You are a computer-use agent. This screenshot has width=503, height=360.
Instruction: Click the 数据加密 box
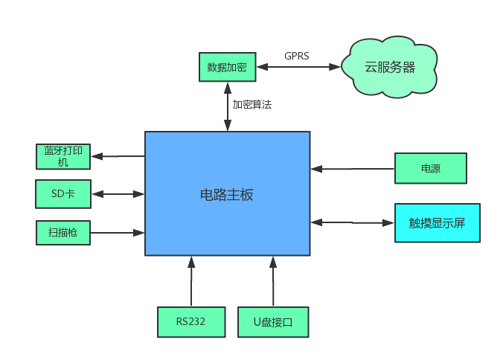(227, 66)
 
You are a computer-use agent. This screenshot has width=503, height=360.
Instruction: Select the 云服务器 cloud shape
(389, 67)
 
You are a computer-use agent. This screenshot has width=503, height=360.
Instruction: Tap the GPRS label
(296, 56)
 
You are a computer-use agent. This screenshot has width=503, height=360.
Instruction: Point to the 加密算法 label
(252, 105)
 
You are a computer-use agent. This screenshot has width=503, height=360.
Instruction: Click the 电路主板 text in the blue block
(227, 195)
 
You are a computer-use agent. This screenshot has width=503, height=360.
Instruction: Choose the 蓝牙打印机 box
(63, 156)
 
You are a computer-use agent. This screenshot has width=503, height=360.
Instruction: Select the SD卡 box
(63, 194)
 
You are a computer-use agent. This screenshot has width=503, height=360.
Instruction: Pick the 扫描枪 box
(63, 232)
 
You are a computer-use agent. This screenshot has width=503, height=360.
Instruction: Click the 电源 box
(430, 168)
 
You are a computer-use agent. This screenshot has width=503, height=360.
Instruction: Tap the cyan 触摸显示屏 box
(437, 222)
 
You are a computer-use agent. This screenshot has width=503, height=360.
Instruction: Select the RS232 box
(191, 322)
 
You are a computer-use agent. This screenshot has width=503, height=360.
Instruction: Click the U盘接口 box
(273, 322)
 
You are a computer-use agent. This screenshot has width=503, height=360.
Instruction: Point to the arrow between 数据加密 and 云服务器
(298, 67)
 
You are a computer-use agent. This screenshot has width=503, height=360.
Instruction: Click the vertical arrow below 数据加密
(228, 106)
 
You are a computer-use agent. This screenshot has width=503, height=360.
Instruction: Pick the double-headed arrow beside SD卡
(118, 194)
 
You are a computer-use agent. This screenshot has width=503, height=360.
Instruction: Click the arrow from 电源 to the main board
(353, 169)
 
